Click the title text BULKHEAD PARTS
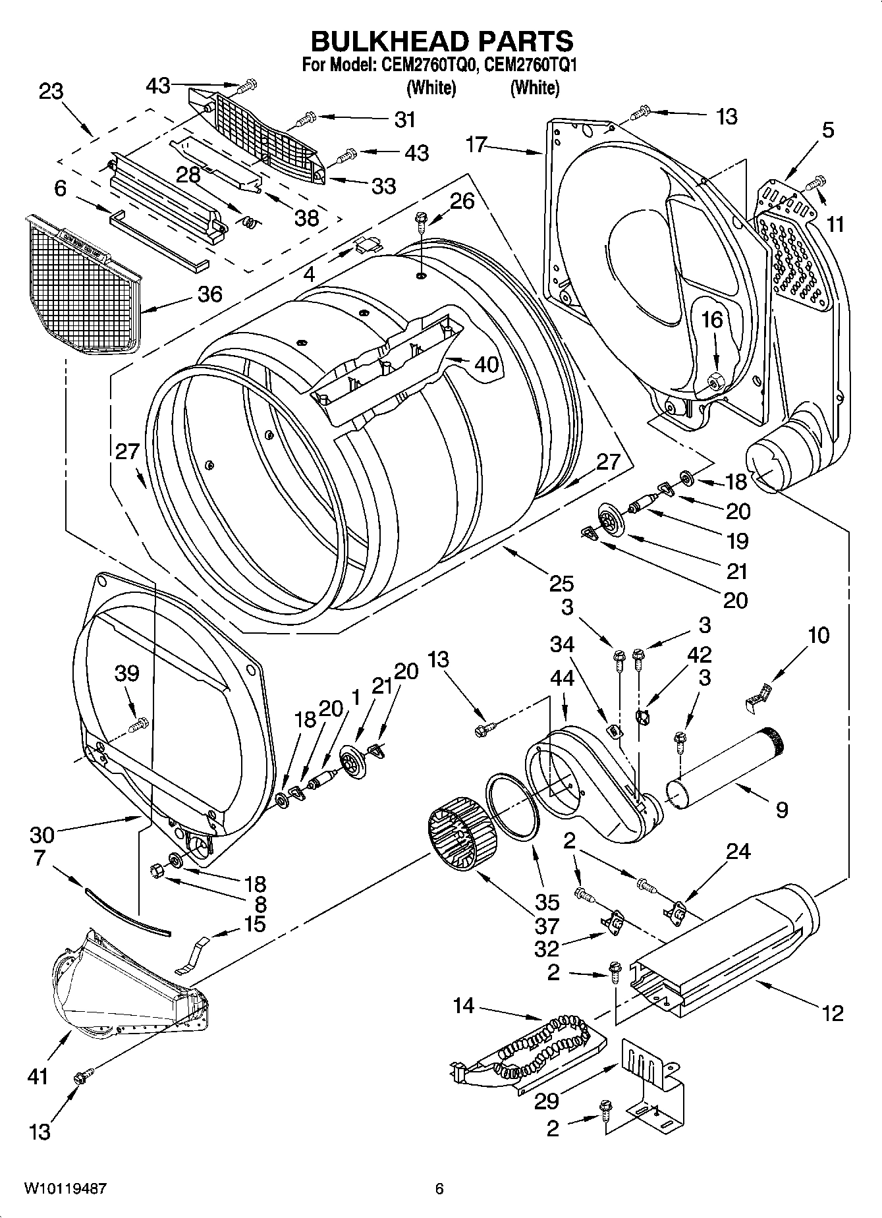441,41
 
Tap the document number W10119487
65,1189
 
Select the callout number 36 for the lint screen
209,294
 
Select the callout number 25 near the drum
561,583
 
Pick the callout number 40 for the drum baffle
486,364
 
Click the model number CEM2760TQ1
535,65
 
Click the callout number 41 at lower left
38,1076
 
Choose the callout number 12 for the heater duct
833,1012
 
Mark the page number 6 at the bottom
439,1188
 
